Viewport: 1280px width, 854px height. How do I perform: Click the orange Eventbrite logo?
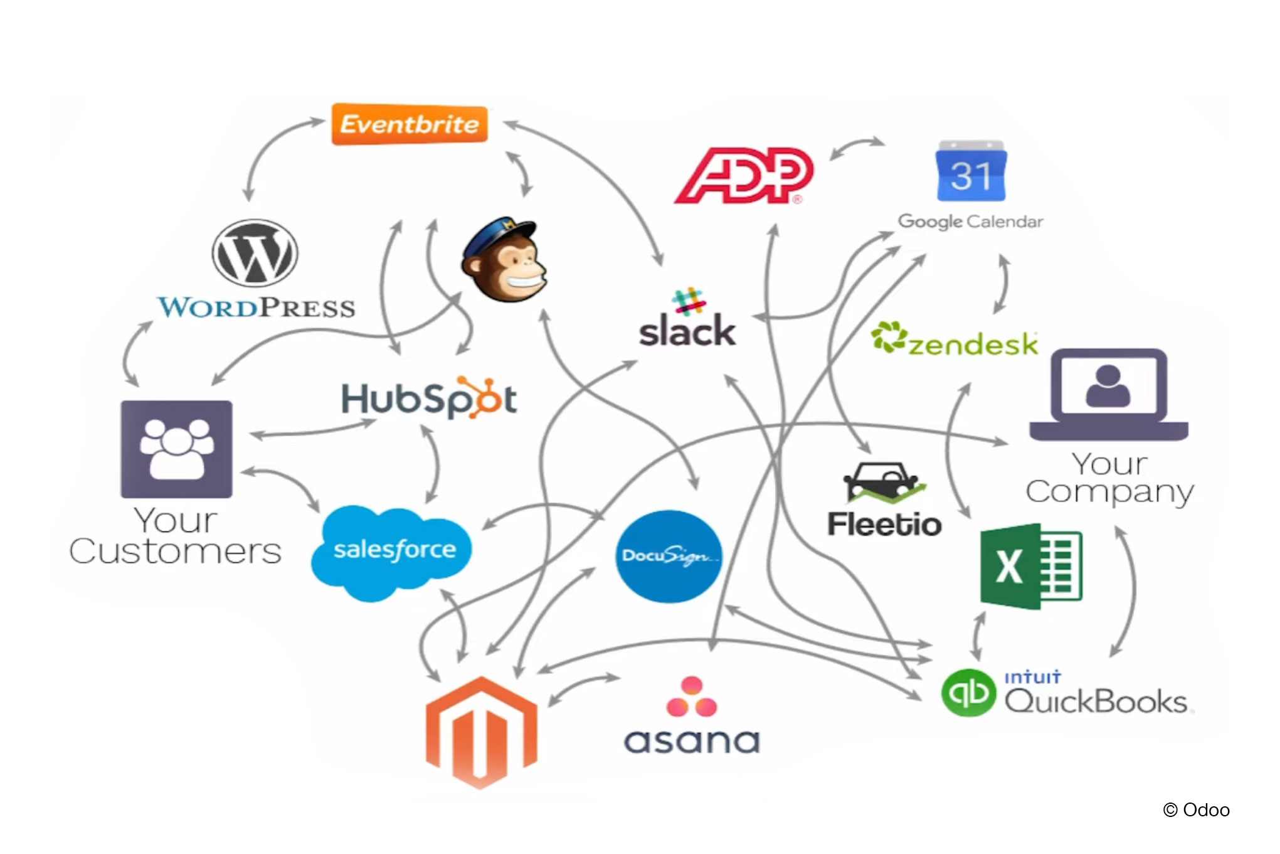pos(410,124)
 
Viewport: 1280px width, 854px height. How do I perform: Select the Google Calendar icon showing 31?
pos(971,172)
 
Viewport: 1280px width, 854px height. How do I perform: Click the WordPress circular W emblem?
pos(255,253)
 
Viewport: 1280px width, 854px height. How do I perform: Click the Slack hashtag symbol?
pos(688,301)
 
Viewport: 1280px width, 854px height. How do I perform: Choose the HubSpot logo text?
pos(429,398)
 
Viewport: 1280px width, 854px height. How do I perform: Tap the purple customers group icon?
pos(176,449)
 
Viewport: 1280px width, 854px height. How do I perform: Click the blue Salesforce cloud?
pos(392,550)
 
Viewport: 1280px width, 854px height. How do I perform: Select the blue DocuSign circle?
pos(669,556)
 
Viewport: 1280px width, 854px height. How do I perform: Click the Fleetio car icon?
pos(883,483)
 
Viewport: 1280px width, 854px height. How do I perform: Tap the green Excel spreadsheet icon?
pos(1030,566)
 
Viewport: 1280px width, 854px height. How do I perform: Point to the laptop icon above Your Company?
pos(1108,394)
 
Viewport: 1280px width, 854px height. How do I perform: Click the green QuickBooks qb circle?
pos(968,693)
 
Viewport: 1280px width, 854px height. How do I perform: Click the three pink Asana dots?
pos(691,697)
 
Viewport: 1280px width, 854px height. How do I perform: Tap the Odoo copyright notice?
pos(1196,810)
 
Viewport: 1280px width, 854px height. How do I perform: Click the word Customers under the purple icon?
pos(175,552)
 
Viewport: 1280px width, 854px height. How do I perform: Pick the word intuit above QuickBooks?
pos(1032,678)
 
